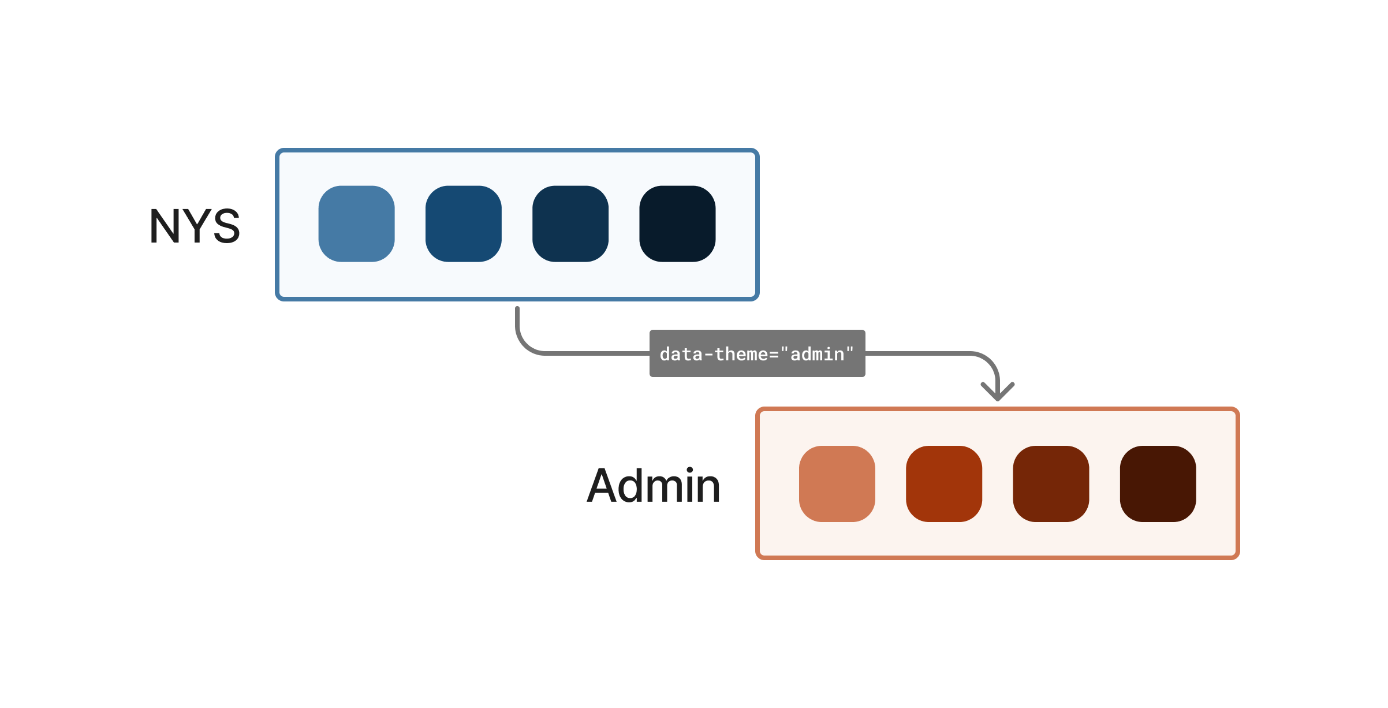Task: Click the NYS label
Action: coord(195,226)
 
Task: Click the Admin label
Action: coord(654,486)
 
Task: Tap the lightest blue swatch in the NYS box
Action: coord(356,223)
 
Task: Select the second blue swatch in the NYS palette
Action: coord(463,223)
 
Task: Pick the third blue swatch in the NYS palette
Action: coord(570,223)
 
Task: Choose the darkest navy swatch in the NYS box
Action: coord(677,223)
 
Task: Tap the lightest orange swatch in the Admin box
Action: coord(837,483)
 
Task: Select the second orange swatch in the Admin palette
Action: coord(944,483)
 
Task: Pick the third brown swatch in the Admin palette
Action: coord(1051,483)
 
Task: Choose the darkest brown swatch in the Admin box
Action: coord(1158,483)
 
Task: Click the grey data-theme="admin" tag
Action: coord(757,353)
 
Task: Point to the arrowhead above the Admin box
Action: coord(998,393)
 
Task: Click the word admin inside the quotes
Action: coord(817,354)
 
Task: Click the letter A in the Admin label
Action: coord(603,486)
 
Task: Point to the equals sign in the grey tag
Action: coord(774,355)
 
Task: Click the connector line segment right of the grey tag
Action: coord(918,353)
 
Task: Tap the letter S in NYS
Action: coord(225,226)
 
